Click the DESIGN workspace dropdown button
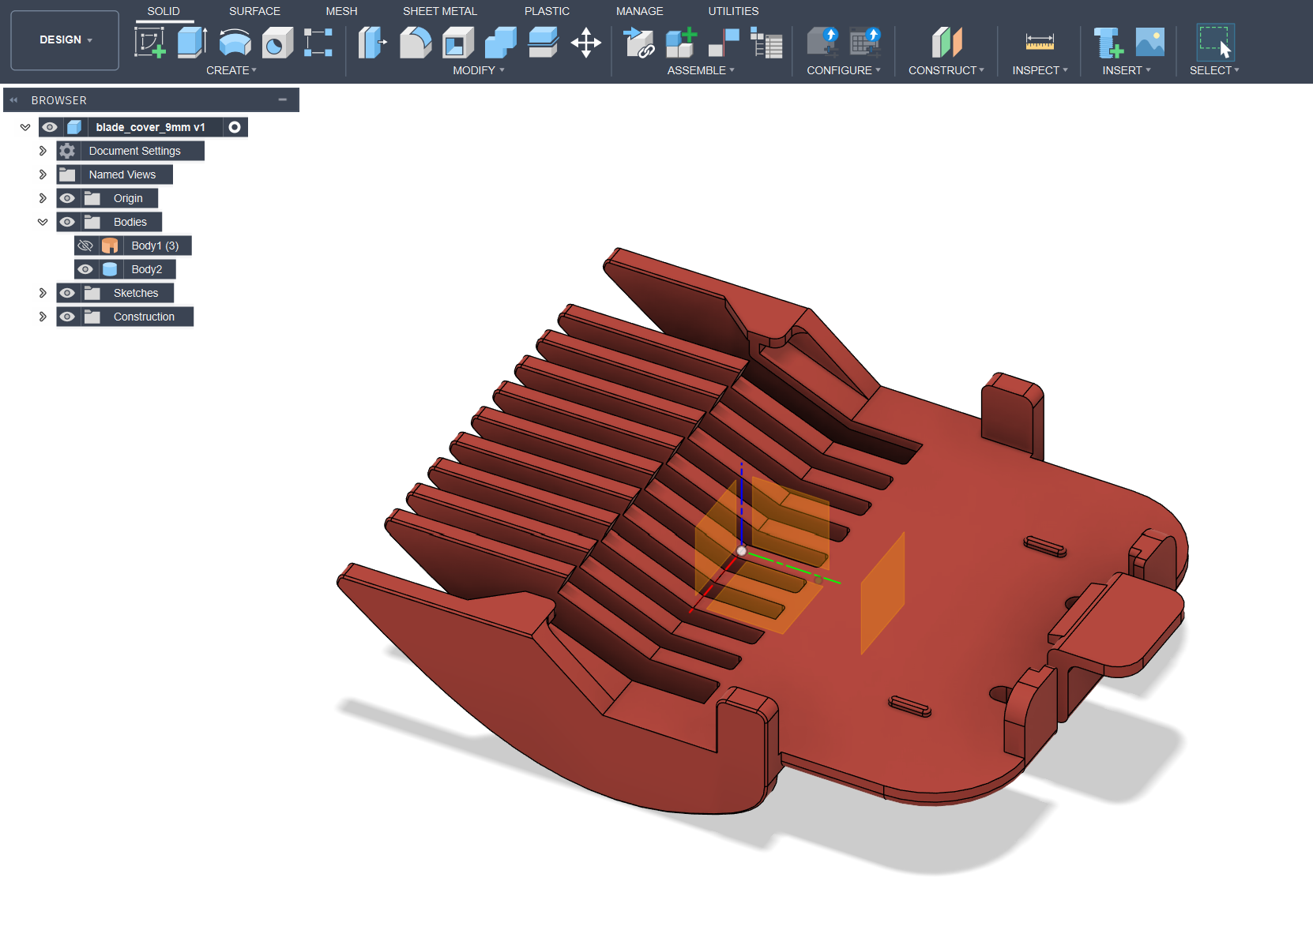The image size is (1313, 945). point(65,39)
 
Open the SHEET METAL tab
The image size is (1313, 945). point(439,11)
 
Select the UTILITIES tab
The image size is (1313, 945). point(732,11)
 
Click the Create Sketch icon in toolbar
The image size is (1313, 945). point(149,42)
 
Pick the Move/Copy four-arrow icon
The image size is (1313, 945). point(585,42)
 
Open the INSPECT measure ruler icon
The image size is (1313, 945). point(1040,42)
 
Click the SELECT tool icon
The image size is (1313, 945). point(1215,42)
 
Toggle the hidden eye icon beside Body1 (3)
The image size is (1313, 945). point(85,246)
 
